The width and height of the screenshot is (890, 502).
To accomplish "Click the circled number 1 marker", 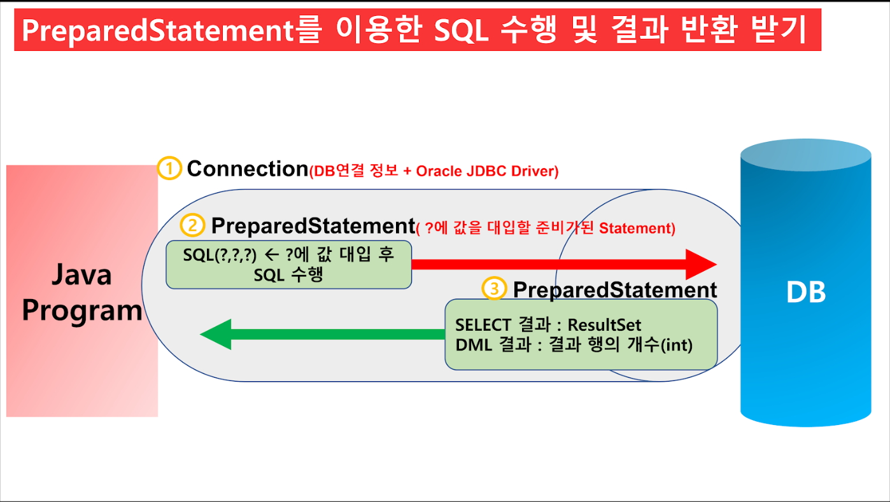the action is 169,169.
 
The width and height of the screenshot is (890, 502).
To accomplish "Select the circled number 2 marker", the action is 193,226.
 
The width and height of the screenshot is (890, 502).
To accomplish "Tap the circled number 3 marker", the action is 494,289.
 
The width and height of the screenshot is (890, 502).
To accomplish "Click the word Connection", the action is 248,169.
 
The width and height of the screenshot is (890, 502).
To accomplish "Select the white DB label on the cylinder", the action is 806,292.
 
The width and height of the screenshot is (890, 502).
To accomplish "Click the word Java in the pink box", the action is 81,274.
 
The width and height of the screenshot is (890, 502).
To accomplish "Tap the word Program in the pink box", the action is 82,310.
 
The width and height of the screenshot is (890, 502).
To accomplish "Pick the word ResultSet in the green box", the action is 604,325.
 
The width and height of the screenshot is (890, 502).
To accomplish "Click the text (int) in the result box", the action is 676,345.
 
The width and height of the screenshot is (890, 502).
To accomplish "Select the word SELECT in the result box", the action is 483,325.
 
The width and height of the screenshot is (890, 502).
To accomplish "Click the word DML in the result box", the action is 474,345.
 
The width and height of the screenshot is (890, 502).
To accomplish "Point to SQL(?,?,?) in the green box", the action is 220,255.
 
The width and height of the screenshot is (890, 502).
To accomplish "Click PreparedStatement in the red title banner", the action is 158,31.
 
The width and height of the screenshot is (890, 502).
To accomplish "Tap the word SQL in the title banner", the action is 461,30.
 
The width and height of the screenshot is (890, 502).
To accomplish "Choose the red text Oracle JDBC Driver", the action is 487,171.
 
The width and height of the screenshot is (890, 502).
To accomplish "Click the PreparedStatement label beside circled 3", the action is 615,290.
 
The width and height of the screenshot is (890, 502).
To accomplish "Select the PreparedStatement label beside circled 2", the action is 313,227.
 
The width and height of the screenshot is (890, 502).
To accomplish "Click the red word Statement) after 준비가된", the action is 637,228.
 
